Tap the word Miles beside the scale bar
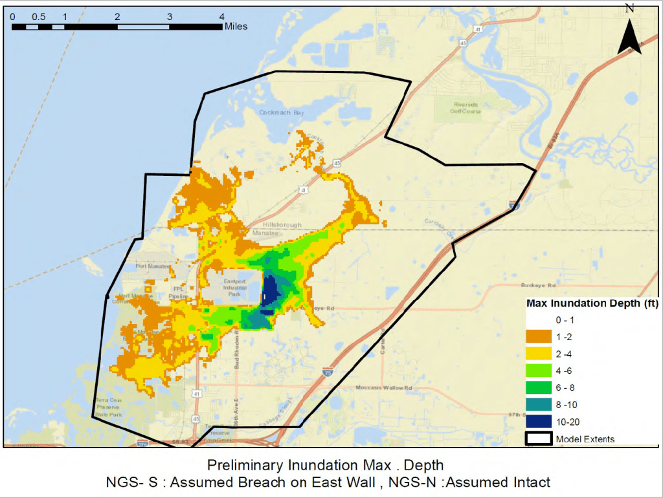pos(236,27)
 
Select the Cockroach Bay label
pos(282,112)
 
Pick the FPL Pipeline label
pos(180,292)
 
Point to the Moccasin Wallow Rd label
pos(385,388)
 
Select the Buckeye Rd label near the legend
pos(539,285)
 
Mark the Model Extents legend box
pos(539,438)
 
